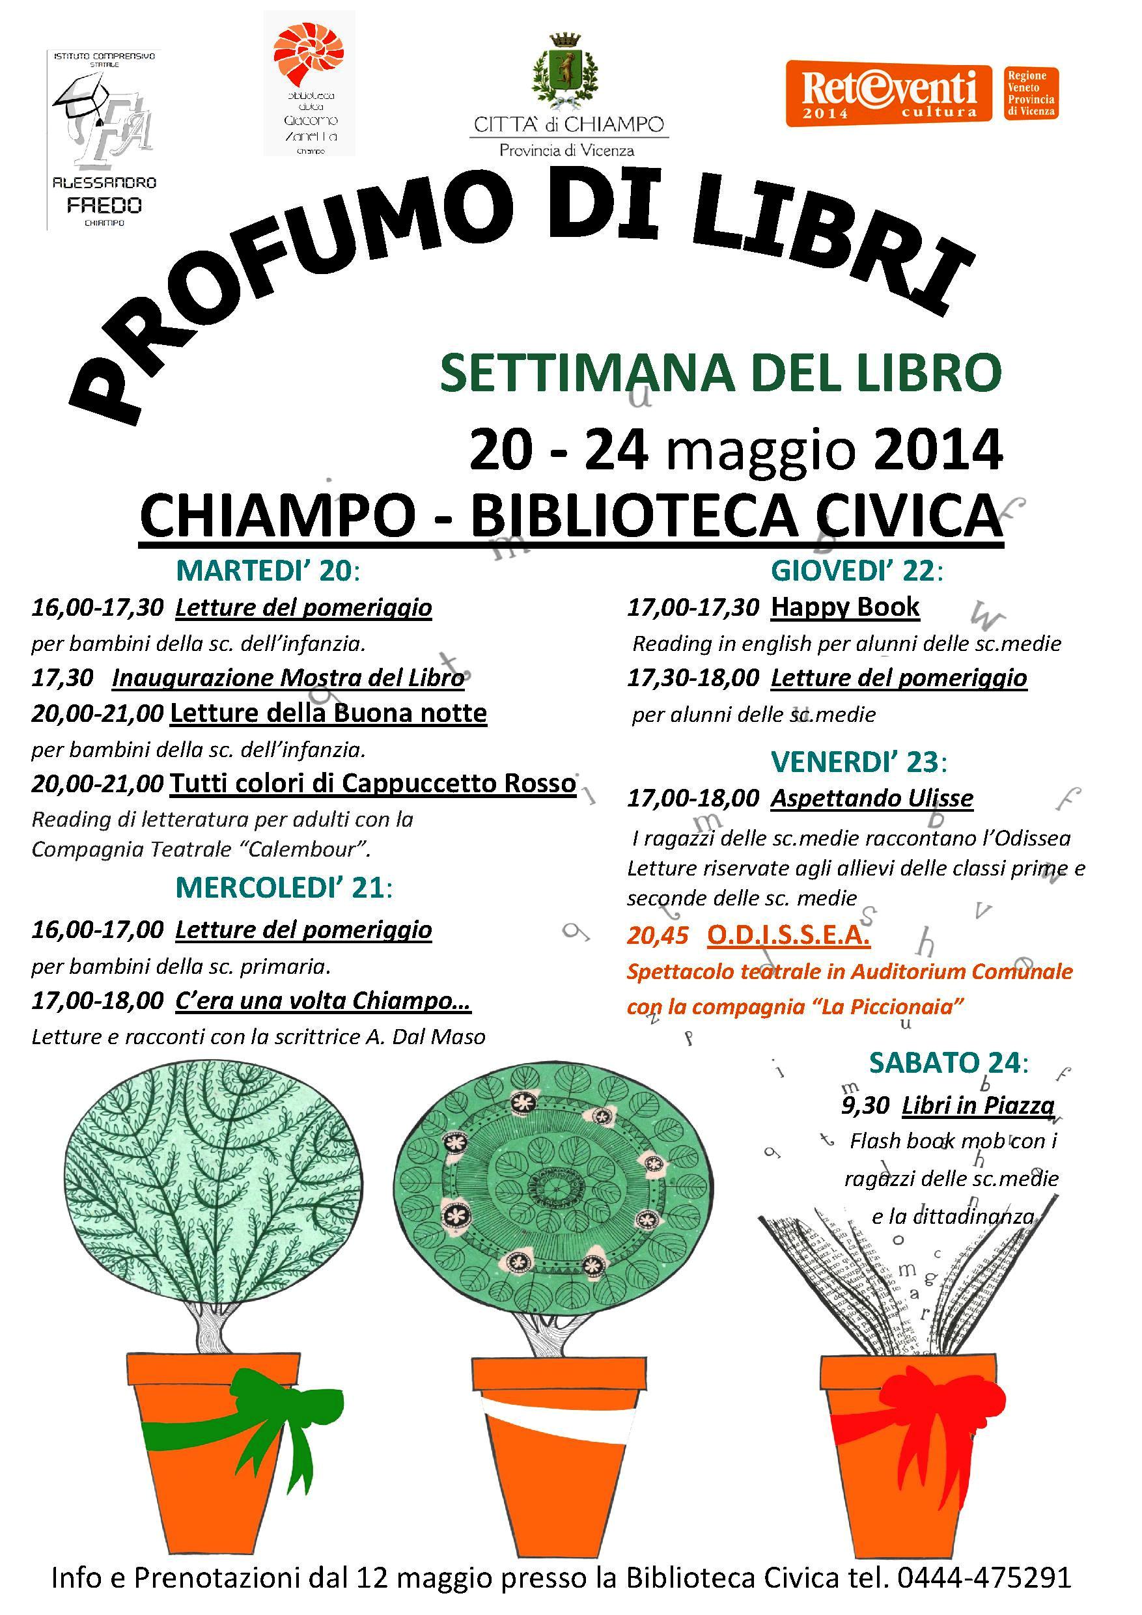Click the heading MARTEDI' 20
[x=268, y=570]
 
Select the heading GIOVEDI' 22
[x=856, y=570]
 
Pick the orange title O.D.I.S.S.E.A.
[x=788, y=935]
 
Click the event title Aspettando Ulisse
[x=872, y=797]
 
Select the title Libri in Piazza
[x=978, y=1105]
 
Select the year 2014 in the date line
[x=936, y=450]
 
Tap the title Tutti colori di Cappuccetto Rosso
[x=373, y=783]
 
